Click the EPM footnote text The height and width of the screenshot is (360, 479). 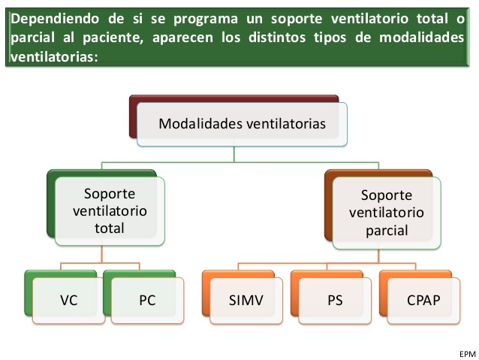click(468, 354)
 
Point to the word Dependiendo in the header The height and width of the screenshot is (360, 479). click(55, 19)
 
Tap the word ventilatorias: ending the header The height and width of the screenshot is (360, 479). click(54, 57)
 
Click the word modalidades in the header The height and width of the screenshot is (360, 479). click(422, 38)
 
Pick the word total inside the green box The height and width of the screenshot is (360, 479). click(110, 228)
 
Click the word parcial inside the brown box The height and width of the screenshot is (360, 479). click(387, 231)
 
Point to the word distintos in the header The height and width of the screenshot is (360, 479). click(277, 38)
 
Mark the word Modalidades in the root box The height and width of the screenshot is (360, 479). click(200, 123)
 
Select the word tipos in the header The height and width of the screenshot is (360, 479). click(330, 38)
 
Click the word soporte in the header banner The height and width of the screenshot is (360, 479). click(297, 20)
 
